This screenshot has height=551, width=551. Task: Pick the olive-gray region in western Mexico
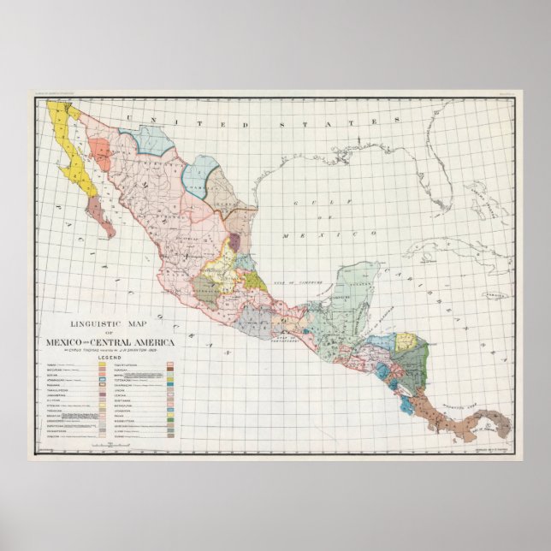coord(207,291)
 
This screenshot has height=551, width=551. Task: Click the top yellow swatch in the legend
coord(102,364)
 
